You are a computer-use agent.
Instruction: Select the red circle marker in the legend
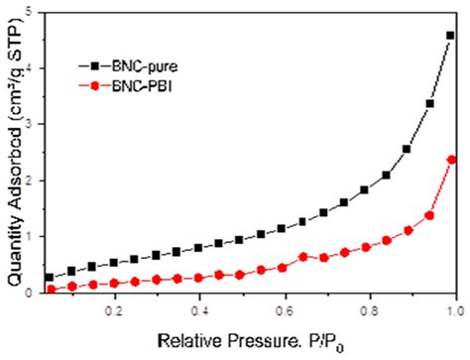[95, 86]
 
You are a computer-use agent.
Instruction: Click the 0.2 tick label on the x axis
[114, 308]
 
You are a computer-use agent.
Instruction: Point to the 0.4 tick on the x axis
[199, 308]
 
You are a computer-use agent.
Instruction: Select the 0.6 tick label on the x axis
[284, 308]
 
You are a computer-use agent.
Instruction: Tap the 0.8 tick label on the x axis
[368, 308]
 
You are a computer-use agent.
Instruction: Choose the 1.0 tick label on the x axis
[452, 308]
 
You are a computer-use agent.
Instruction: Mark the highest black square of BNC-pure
[450, 35]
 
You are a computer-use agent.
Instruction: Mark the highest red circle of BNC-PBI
[451, 160]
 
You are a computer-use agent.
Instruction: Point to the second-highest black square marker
[429, 103]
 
